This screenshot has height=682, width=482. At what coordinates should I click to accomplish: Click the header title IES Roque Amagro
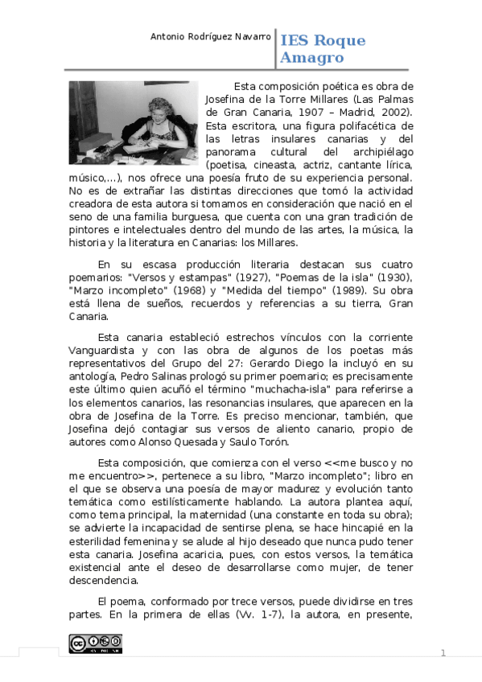point(322,49)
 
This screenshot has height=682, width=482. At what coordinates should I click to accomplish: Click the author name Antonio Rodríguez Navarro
point(212,37)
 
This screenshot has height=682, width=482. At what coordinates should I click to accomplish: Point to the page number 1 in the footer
point(443,652)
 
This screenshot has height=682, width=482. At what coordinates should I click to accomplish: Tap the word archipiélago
point(381,153)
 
